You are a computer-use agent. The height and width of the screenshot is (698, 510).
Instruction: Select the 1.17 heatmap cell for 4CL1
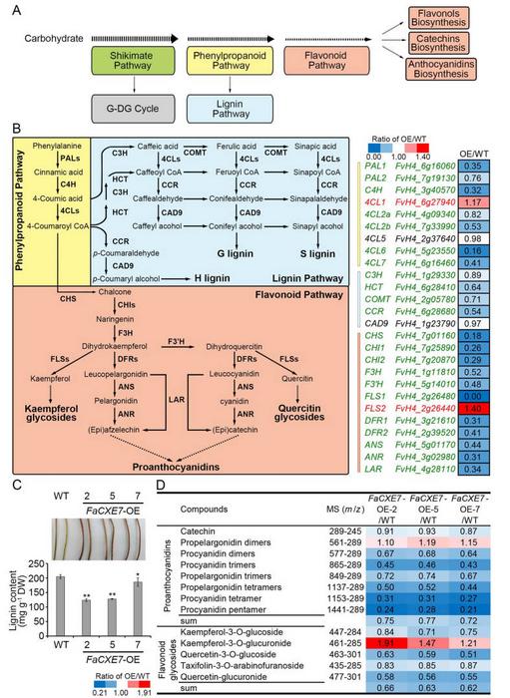[475, 200]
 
